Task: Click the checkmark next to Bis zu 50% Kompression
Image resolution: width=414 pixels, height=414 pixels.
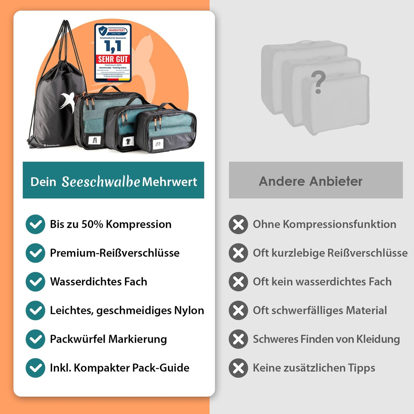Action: [35, 224]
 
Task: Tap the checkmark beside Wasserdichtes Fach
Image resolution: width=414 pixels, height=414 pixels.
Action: [35, 282]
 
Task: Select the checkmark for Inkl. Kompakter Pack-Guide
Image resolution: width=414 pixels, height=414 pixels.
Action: [35, 368]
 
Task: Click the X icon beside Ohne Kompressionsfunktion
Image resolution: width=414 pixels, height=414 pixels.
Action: [238, 224]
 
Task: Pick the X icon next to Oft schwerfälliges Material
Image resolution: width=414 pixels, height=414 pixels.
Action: [238, 310]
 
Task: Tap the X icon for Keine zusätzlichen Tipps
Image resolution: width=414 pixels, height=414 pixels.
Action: [238, 368]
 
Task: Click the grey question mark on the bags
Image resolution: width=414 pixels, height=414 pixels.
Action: [318, 83]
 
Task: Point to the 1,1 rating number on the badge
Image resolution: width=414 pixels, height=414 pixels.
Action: [113, 46]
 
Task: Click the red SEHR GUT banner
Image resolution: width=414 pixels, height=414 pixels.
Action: [113, 59]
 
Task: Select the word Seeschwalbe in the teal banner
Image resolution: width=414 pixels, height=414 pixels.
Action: [101, 182]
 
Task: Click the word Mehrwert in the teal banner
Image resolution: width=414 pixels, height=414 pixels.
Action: [170, 182]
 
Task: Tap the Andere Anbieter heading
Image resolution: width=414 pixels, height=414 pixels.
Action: [311, 181]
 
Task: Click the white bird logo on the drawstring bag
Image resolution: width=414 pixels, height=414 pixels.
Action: [68, 101]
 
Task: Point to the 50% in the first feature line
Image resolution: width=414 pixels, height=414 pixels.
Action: [92, 224]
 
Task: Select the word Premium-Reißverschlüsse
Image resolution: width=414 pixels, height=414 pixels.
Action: [115, 253]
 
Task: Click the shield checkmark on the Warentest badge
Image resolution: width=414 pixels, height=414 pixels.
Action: [103, 30]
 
